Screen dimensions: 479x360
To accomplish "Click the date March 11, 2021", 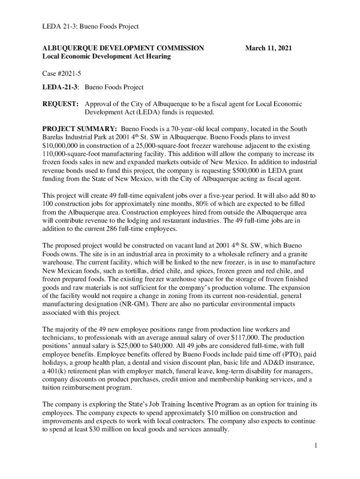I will pos(270,48).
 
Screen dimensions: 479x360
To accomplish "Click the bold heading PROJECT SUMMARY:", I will pos(79,129).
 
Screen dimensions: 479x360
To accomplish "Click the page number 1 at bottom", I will pos(316,445).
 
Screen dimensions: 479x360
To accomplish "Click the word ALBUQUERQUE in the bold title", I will pos(69,48).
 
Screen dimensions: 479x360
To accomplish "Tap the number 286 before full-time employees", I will pos(124,229).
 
